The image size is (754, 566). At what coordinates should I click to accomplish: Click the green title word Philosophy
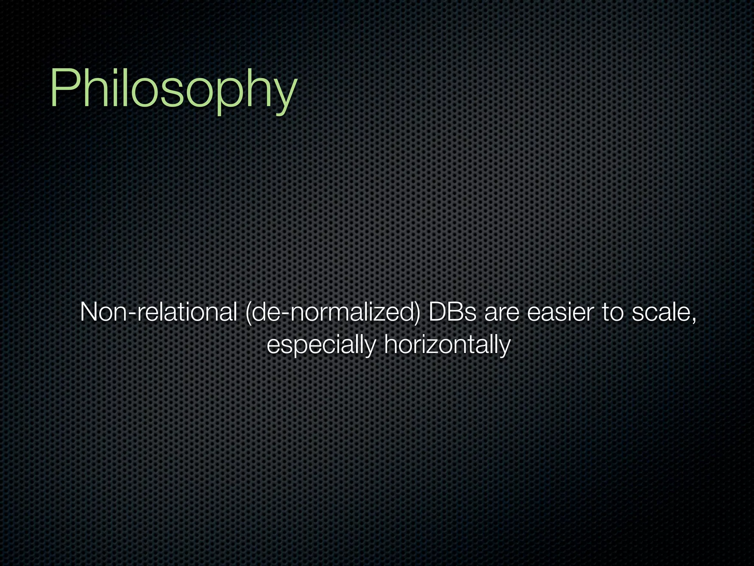pyautogui.click(x=173, y=90)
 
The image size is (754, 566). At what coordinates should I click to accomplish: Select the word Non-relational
pyautogui.click(x=158, y=312)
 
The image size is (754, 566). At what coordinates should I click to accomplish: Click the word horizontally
pyautogui.click(x=447, y=345)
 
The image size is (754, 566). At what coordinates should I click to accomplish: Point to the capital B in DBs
pyautogui.click(x=456, y=312)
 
